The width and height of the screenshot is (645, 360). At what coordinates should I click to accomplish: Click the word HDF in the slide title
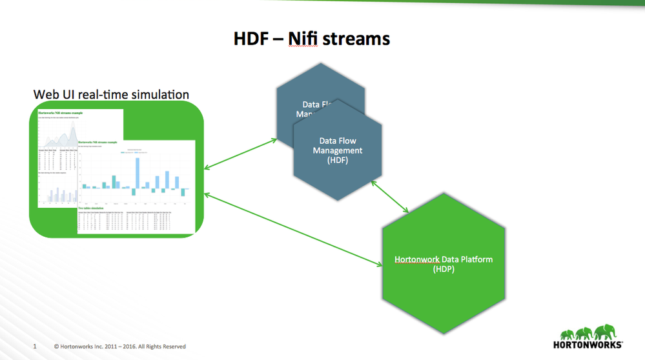(252, 39)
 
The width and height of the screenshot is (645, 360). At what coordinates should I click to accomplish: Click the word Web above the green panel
(46, 95)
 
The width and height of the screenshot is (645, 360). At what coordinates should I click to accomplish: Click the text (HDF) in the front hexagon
(338, 160)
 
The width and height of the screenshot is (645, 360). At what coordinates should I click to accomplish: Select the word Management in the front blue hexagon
(338, 150)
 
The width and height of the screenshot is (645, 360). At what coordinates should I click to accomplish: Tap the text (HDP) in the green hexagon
(444, 269)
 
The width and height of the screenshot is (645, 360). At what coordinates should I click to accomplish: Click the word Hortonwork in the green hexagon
(417, 259)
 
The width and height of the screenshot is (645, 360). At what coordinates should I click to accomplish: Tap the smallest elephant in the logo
(564, 335)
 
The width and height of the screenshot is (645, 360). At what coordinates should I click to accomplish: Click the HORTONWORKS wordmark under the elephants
(588, 344)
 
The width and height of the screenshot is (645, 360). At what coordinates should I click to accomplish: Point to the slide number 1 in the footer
(34, 346)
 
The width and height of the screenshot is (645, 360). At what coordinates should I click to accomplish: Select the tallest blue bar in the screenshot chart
(137, 172)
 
